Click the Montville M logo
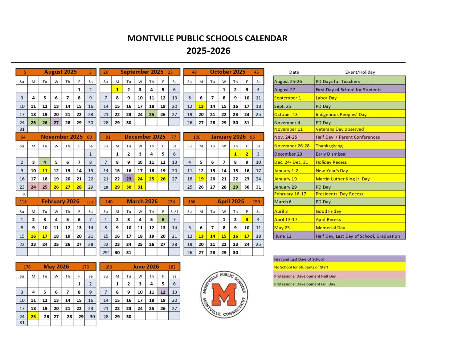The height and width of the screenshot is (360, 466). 224,294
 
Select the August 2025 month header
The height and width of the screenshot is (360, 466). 60,72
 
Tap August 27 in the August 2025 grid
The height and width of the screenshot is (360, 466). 56,123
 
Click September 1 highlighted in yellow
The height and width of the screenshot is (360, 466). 117,89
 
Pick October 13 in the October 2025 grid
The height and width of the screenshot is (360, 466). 201,106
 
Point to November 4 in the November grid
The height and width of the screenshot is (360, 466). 45,162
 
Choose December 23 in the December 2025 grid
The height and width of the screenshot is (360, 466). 129,179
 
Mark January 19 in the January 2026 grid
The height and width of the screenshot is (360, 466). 201,179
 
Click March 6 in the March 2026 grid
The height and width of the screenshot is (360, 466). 163,219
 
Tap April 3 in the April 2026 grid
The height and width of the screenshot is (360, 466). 247,219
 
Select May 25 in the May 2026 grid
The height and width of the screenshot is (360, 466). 33,317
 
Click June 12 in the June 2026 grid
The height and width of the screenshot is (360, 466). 163,292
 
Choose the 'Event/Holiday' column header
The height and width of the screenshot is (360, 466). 360,72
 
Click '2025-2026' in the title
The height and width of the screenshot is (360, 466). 208,51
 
